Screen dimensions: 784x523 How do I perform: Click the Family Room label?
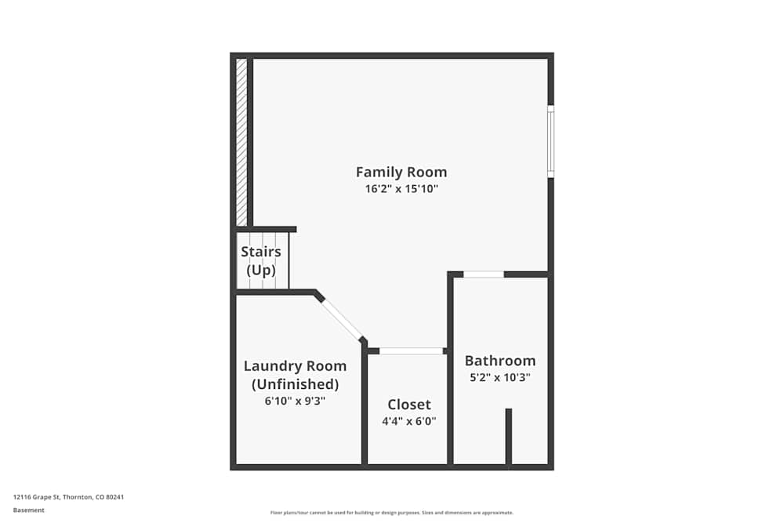pos(401,172)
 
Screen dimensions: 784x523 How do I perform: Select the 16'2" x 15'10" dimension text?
pos(401,189)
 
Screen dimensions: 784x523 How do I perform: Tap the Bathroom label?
pos(500,361)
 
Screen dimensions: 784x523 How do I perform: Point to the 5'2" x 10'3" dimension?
pos(500,377)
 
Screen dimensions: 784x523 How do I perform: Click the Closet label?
pos(409,404)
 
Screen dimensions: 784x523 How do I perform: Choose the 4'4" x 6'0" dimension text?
pos(409,421)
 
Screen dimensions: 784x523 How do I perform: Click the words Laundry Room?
pos(295,366)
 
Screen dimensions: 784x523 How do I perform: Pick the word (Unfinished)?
pos(295,384)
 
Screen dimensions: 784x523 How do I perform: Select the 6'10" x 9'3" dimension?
pos(295,401)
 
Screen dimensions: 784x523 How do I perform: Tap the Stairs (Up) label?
pos(261,260)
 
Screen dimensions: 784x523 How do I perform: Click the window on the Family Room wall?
pos(550,141)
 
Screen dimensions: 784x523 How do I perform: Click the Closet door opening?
pos(411,351)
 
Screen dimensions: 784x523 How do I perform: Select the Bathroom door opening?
pos(484,274)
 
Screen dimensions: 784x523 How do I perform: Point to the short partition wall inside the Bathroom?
pos(509,437)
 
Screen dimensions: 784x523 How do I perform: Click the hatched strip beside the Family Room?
pos(241,143)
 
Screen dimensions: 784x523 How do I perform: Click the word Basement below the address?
pos(28,510)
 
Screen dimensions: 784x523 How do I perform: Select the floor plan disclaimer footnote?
pos(392,513)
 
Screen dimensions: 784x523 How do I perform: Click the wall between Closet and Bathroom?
pos(450,370)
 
